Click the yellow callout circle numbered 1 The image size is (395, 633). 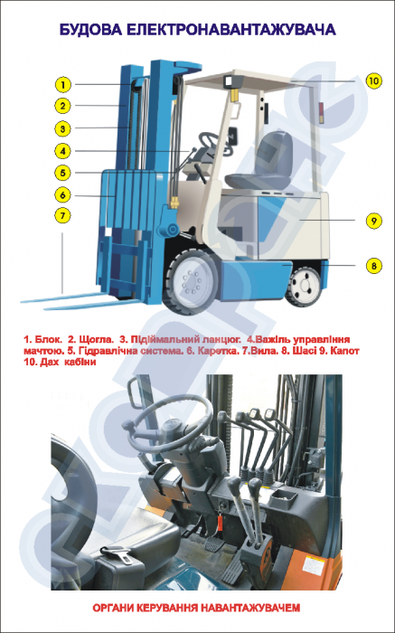point(62,84)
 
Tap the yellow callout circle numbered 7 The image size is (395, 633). point(62,215)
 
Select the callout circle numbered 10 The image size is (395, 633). point(373,80)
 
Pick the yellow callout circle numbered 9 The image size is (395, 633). point(373,221)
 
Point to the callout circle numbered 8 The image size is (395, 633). point(373,266)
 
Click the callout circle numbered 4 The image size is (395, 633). point(62,151)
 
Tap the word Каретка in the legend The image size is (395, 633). point(218,351)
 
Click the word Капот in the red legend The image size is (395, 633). point(344,351)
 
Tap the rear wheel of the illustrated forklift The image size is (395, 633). point(305,286)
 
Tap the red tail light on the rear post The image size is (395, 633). point(321,113)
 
